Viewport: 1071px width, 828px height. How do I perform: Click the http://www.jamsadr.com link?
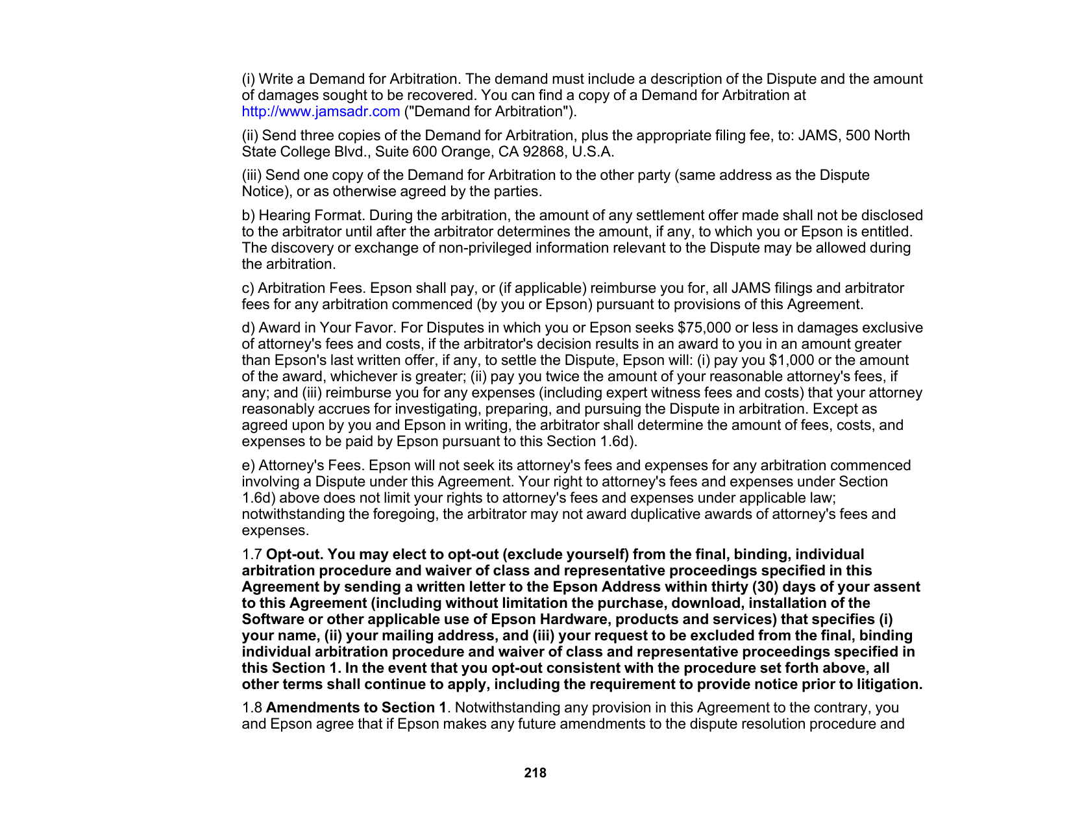click(x=321, y=112)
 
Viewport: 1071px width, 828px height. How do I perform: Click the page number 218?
click(x=535, y=773)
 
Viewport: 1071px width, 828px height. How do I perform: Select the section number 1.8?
click(x=252, y=708)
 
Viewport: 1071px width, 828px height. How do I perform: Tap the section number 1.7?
click(x=252, y=555)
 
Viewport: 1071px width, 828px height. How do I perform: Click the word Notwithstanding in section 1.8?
click(x=501, y=708)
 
